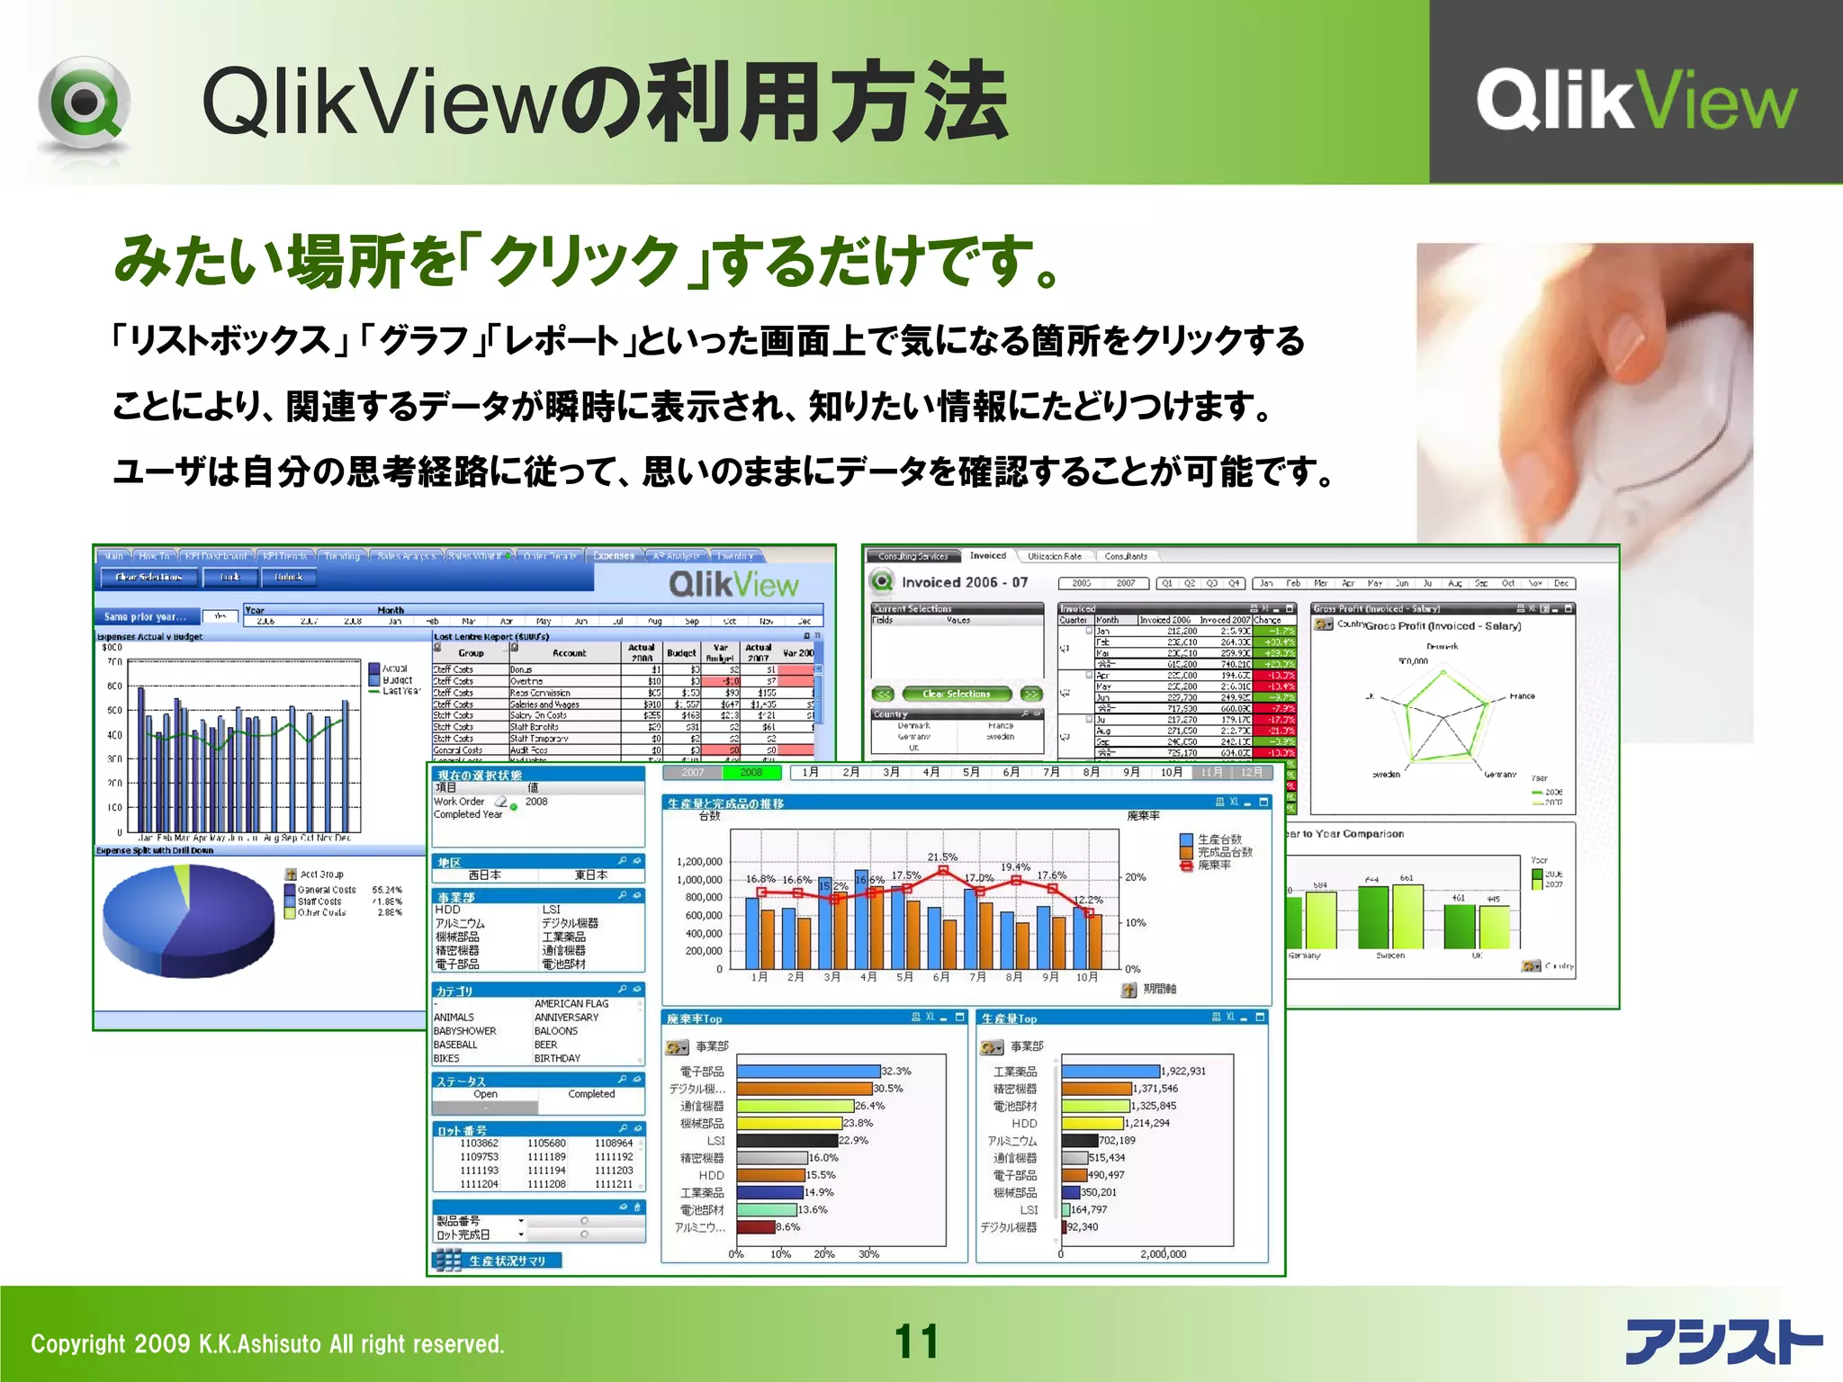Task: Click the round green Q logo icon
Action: tap(84, 103)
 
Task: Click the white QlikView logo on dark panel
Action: tap(1635, 101)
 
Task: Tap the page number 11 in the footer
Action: tap(916, 1342)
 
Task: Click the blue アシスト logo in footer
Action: tap(1722, 1342)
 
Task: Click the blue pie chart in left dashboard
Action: tap(188, 920)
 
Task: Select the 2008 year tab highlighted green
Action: tap(751, 772)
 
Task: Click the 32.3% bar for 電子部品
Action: tap(807, 1072)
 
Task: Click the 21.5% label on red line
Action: tap(942, 857)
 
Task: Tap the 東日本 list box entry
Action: tap(591, 875)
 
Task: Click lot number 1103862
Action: tap(479, 1144)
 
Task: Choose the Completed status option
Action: tap(591, 1094)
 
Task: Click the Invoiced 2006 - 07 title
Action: tap(964, 582)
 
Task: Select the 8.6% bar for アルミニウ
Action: tap(756, 1227)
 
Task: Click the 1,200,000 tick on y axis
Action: tap(699, 862)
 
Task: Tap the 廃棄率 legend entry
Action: tap(1214, 865)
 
